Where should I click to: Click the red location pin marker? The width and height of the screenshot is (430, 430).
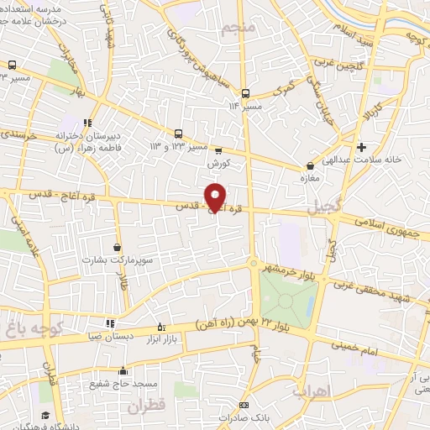tap(216, 197)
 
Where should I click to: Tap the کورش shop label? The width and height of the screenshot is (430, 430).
tap(218, 162)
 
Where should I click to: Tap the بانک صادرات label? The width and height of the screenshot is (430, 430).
tap(244, 416)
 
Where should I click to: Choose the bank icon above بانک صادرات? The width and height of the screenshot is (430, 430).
tap(244, 404)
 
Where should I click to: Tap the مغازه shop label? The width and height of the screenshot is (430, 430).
tap(312, 178)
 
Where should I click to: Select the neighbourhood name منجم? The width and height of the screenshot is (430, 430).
tap(237, 30)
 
